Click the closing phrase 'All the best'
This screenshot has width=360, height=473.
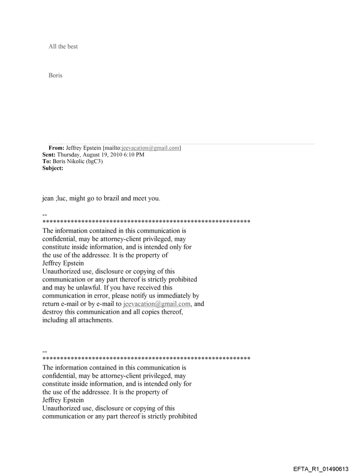(x=63, y=46)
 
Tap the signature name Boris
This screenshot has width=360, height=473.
(x=55, y=75)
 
